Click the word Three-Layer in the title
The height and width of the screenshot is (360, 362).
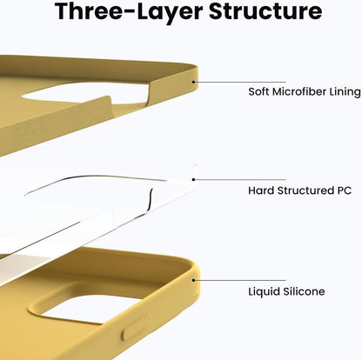pos(129,12)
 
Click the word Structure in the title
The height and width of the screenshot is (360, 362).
pos(265,11)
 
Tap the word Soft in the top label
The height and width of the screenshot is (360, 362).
pos(258,91)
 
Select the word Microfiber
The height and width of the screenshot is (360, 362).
pos(299,91)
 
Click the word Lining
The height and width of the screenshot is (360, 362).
pos(345,92)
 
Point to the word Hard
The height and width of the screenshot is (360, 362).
pos(261,190)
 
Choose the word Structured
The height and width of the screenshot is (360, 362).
pos(305,190)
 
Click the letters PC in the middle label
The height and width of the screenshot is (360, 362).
pos(344,190)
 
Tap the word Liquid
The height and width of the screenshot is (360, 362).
pos(264,291)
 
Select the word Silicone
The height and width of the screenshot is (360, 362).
pos(304,291)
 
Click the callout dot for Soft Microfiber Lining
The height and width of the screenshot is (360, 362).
pos(193,82)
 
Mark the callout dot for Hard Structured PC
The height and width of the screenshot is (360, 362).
pos(193,180)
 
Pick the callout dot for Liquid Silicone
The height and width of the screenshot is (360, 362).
pos(193,280)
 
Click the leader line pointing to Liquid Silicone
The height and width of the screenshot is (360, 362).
pos(239,280)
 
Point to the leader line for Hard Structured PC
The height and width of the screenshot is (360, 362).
pos(239,180)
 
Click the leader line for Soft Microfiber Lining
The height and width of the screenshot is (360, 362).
pos(239,82)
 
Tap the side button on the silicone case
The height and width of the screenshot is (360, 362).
pos(137,327)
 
